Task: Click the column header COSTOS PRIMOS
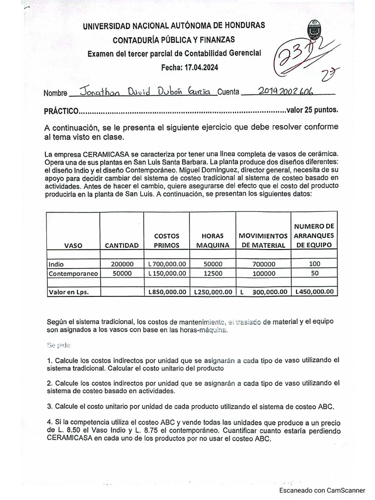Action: click(167, 240)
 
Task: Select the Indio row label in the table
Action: click(56, 264)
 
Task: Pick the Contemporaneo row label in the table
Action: click(73, 274)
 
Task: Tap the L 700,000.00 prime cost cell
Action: click(167, 264)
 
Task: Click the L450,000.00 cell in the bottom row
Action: click(314, 292)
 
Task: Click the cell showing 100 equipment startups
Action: click(314, 264)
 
